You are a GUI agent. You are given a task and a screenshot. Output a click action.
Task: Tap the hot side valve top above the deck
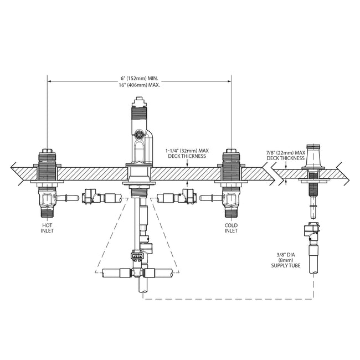coord(47,157)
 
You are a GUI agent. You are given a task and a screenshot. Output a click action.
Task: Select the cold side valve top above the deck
coord(231,157)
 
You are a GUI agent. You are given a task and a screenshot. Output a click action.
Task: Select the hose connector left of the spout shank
coord(91,197)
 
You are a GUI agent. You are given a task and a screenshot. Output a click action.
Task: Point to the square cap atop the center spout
coord(140,102)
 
